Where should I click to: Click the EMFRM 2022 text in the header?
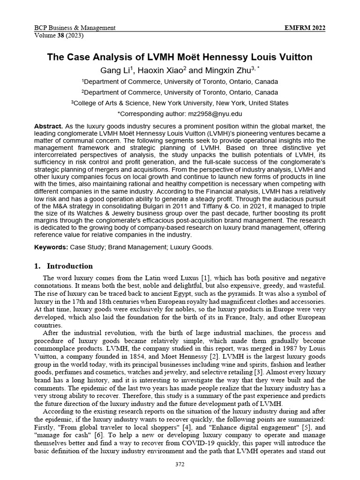[305, 28]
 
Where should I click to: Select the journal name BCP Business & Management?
[75, 28]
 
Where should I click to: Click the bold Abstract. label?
[48, 127]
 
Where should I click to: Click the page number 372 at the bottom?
[180, 464]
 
